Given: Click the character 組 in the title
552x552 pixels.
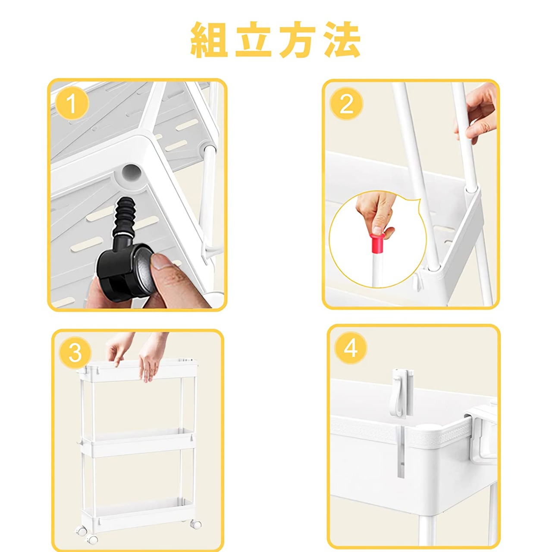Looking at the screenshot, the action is [209, 40].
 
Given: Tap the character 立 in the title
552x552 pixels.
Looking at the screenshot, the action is [253, 40].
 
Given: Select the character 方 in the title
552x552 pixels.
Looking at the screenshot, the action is [298, 40].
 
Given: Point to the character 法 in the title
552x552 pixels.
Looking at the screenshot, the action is [342, 40].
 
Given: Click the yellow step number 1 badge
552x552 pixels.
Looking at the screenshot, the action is [71, 103].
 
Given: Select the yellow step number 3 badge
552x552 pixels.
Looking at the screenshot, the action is [75, 353].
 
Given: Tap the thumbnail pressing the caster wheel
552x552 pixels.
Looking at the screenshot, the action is [161, 260].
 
